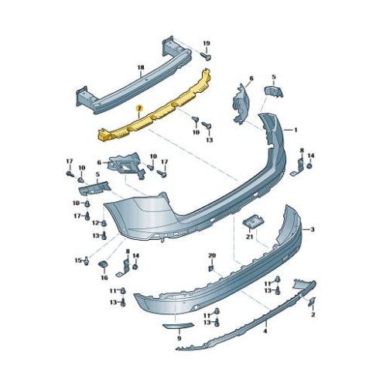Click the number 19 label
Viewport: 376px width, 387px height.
click(x=206, y=43)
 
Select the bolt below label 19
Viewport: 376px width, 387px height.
click(x=206, y=56)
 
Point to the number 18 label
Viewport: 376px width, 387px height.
click(x=141, y=67)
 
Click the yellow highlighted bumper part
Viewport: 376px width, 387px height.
click(x=155, y=108)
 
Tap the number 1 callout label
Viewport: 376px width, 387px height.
click(x=296, y=130)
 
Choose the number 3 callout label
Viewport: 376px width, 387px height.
click(x=313, y=229)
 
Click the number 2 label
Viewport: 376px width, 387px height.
click(x=313, y=314)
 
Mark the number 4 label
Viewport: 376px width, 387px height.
click(x=265, y=331)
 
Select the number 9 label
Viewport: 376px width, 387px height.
click(x=179, y=338)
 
